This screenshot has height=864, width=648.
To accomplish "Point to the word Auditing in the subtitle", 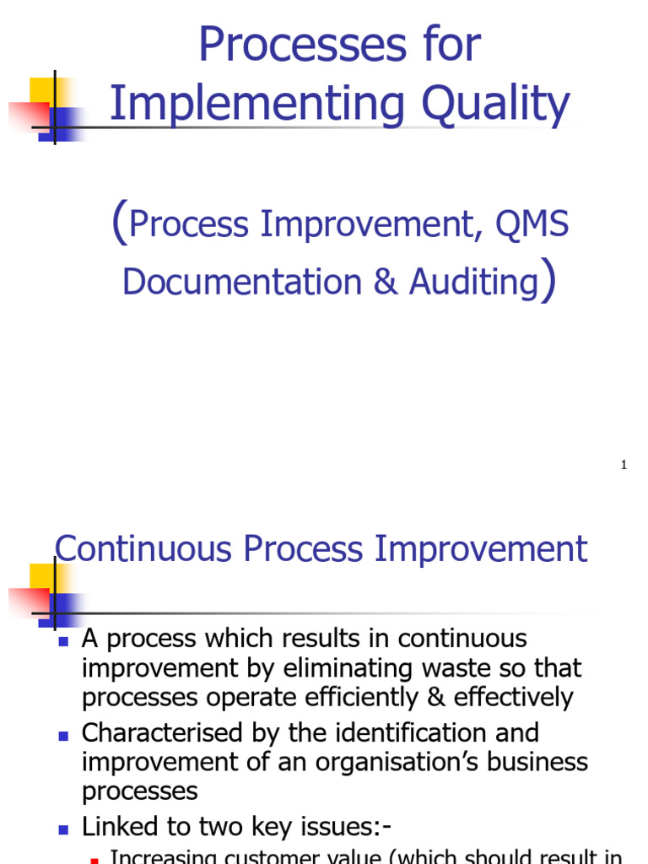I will tap(473, 282).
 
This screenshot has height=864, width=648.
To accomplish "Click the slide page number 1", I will tap(624, 465).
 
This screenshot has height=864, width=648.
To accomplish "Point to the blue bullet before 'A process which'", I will tap(63, 641).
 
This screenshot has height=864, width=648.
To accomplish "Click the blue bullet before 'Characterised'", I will tap(63, 736).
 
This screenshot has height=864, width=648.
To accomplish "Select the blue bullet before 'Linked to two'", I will tap(63, 829).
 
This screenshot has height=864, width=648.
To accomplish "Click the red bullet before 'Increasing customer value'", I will tap(94, 859).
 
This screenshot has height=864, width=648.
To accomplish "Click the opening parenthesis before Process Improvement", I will tap(119, 224).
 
